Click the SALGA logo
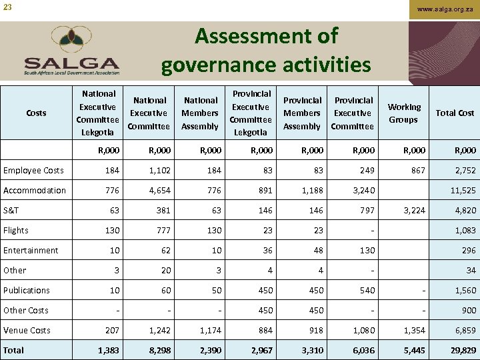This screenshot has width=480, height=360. point(71,52)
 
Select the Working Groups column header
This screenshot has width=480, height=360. point(404,113)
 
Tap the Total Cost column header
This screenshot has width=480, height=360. point(455,113)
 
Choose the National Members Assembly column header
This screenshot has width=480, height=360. point(200,113)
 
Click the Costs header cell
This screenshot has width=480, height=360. point(36,113)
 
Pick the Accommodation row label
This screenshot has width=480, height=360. point(35,191)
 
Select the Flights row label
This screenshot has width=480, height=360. point(16,231)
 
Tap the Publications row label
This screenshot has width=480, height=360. point(27,291)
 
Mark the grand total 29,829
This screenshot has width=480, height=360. point(461,351)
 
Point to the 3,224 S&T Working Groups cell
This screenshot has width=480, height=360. point(413,211)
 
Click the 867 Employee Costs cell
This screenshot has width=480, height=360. point(417,171)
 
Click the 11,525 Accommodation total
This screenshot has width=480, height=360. point(461,191)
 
